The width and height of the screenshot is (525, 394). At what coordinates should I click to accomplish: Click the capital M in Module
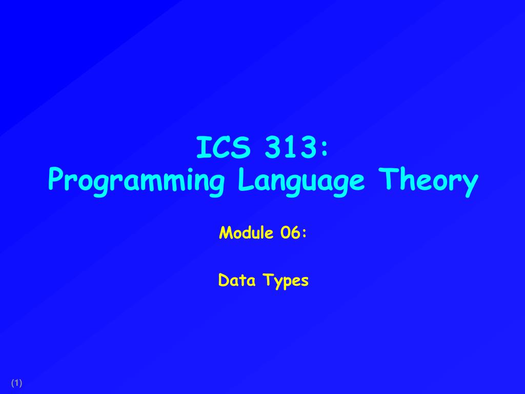[x=224, y=233]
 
